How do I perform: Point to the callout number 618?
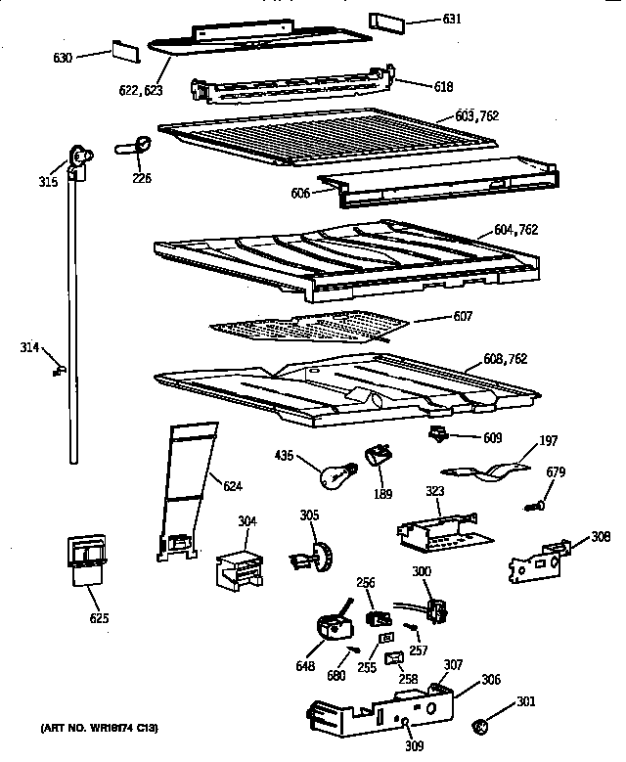tap(443, 86)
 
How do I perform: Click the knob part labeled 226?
tap(137, 148)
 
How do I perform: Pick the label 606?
tap(300, 194)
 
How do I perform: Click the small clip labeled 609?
tap(437, 433)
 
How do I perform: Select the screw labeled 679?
tap(535, 505)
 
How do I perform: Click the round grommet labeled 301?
tap(480, 726)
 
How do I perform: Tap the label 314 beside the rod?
tap(30, 347)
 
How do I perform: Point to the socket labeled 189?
tap(378, 457)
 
